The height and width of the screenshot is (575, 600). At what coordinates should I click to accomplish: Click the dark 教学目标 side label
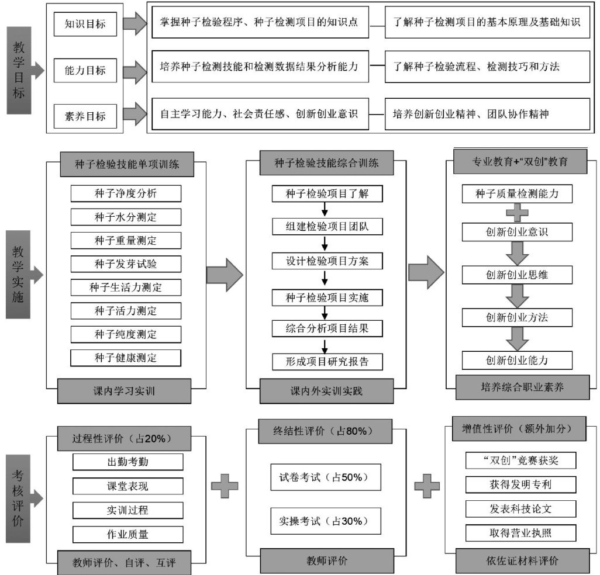pyautogui.click(x=20, y=69)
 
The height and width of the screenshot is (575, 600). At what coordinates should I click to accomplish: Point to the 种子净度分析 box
pyautogui.click(x=126, y=193)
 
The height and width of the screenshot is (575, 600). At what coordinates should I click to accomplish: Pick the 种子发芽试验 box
pyautogui.click(x=126, y=264)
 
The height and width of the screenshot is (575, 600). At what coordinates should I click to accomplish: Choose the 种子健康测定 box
pyautogui.click(x=126, y=358)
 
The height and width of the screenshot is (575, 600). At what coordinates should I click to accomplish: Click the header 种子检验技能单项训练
pyautogui.click(x=126, y=165)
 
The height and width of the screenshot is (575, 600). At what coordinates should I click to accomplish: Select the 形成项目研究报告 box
pyautogui.click(x=327, y=361)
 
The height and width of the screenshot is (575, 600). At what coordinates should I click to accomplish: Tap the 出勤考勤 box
pyautogui.click(x=127, y=462)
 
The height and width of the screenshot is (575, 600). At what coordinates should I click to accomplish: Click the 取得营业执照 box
pyautogui.click(x=521, y=532)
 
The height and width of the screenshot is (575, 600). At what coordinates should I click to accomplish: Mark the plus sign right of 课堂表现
pyautogui.click(x=225, y=486)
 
